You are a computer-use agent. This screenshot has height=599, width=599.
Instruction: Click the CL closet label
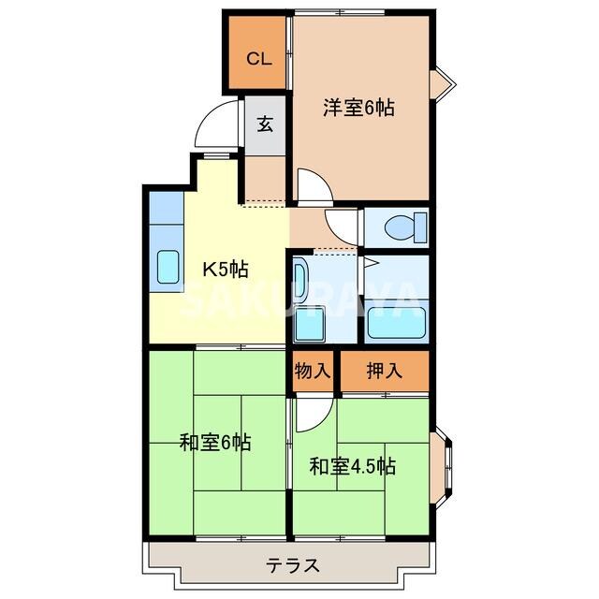click(x=258, y=58)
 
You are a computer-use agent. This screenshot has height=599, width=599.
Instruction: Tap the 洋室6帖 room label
click(x=358, y=108)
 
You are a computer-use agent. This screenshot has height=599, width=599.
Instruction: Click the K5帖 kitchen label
click(x=226, y=270)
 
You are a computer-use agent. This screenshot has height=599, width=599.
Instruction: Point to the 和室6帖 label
click(x=214, y=442)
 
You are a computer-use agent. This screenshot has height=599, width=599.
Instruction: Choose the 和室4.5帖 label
click(x=352, y=464)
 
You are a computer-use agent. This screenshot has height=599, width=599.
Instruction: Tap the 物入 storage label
click(x=313, y=370)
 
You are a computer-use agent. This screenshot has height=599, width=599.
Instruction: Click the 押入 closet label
click(x=384, y=370)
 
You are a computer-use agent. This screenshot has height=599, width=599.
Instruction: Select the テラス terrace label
click(x=292, y=565)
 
